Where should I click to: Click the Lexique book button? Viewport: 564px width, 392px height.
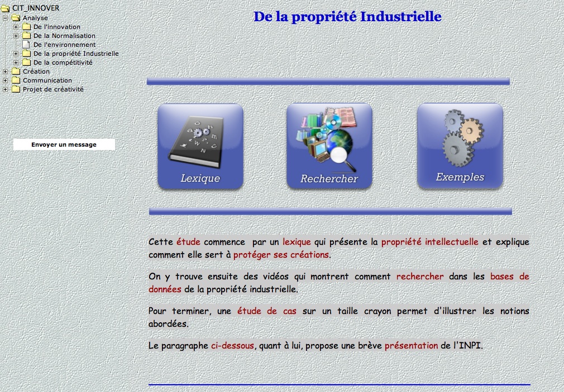200,146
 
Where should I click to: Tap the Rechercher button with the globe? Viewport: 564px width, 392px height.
329,146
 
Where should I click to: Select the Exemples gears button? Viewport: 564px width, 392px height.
460,146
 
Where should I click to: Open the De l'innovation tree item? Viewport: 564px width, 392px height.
57,27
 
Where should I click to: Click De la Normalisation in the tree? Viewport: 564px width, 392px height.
64,36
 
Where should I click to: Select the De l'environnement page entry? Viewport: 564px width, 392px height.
64,45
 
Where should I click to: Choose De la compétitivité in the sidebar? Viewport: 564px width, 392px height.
63,62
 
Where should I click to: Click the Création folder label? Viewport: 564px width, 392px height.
36,71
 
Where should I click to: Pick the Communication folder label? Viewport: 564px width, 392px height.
47,80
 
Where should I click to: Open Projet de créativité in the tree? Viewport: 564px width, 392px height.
53,89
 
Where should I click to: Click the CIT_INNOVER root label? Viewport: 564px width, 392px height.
36,8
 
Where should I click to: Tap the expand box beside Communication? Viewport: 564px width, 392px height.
6,80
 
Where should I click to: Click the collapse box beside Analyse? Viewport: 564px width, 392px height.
6,18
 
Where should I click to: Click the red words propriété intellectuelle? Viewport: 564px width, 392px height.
430,242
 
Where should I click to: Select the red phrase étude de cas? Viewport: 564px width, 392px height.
266,311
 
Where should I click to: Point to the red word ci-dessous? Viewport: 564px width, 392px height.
232,346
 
